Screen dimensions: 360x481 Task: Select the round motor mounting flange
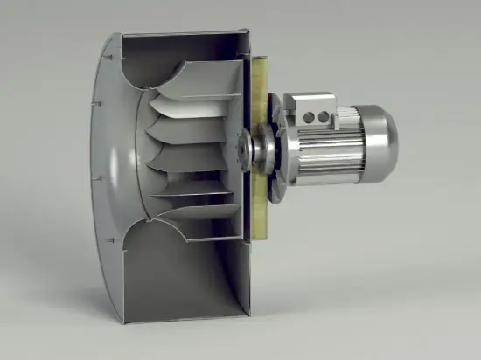278,145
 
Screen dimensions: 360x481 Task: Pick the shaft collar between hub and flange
258,147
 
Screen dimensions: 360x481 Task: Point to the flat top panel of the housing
184,37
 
